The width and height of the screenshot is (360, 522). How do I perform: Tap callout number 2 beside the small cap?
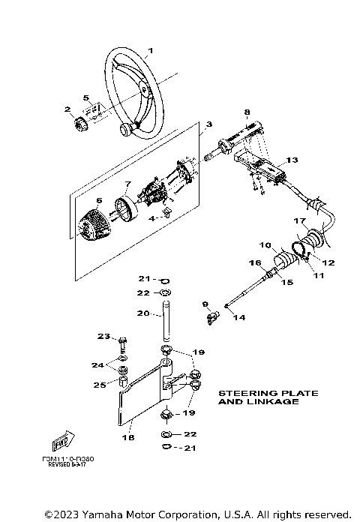(x=67, y=109)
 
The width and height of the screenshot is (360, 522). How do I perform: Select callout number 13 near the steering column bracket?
(x=292, y=160)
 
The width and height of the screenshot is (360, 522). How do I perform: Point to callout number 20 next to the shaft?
(x=142, y=314)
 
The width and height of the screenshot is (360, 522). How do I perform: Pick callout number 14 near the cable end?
(x=238, y=318)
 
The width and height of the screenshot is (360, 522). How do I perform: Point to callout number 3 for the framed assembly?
(x=208, y=124)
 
